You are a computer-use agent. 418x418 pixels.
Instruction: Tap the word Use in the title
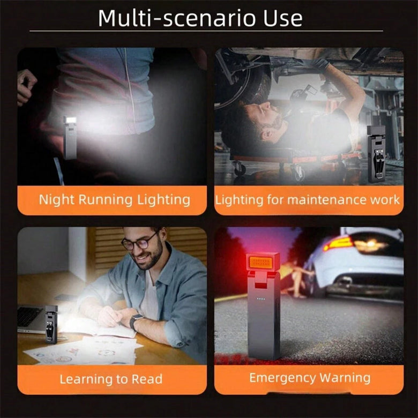283,18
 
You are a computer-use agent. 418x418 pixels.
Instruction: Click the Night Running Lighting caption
115,200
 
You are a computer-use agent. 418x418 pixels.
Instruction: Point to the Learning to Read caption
111,379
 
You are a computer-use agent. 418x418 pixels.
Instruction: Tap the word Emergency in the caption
282,378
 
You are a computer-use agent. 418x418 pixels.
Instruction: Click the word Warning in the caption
345,378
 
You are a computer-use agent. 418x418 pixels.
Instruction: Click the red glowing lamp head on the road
263,262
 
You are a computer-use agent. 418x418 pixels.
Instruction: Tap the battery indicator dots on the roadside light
261,298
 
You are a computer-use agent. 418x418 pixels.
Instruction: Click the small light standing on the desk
51,324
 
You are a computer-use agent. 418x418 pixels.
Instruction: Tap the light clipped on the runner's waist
70,138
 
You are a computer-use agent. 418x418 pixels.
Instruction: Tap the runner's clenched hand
26,86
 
